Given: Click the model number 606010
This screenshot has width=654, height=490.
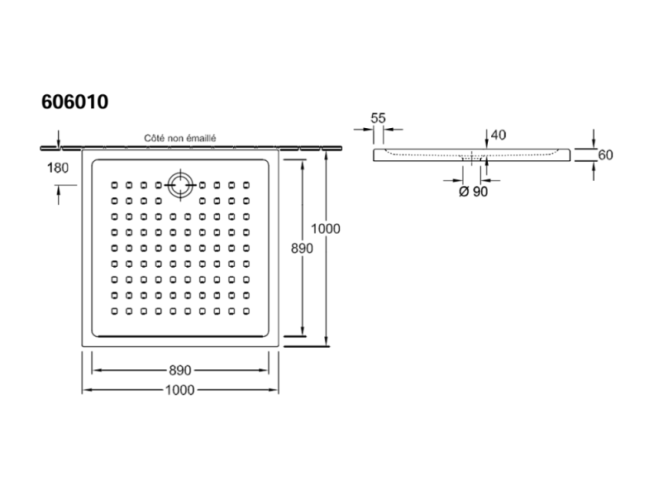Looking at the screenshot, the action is [75, 102].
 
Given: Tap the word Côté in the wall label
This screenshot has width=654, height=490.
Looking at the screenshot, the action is [153, 138].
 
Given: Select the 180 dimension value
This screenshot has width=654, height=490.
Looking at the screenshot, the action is [58, 169].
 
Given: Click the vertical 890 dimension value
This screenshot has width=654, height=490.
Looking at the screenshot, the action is [302, 249].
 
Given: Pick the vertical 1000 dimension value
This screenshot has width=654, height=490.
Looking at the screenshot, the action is [326, 229].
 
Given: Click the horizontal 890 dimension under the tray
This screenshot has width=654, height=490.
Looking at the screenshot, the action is [180, 370].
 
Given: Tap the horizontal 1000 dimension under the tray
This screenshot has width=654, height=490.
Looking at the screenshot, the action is [180, 390].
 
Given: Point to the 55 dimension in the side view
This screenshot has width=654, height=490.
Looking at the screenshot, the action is [379, 118].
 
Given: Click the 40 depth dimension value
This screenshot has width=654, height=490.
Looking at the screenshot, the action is [499, 135].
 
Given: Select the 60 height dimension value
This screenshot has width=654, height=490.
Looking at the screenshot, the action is [605, 155].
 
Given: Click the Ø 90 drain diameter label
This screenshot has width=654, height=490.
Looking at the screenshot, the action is [474, 192].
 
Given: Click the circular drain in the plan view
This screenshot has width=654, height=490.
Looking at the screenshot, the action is [180, 185].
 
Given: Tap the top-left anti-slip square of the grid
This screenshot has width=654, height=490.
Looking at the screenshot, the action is [114, 185].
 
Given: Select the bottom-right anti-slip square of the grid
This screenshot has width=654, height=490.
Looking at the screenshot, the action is [246, 311].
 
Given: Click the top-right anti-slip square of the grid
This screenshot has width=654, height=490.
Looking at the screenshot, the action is [246, 185].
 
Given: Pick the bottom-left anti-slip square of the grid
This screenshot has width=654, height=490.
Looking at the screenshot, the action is [114, 311].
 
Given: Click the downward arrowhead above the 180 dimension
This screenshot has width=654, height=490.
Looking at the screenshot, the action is [59, 142].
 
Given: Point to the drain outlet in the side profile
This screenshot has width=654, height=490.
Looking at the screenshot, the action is [473, 159].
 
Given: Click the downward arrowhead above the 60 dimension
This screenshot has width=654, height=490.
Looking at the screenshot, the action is [594, 143].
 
